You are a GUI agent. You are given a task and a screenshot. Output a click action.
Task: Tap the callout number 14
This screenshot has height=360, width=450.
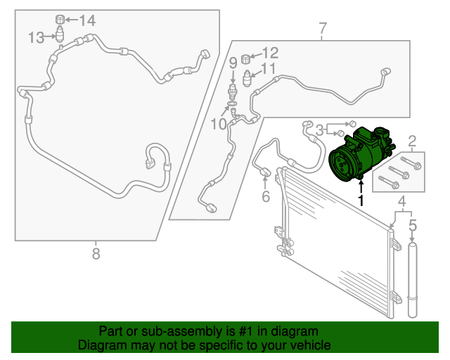86,20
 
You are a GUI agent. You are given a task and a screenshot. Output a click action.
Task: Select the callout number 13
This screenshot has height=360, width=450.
37,37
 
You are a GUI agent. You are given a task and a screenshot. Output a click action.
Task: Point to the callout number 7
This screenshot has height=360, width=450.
323,30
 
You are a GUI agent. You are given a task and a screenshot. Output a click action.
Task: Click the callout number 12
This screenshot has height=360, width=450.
271,52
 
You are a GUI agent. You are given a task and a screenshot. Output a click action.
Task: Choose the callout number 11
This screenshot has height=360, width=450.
269,69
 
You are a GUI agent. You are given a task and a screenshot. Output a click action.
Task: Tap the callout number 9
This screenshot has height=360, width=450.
233,63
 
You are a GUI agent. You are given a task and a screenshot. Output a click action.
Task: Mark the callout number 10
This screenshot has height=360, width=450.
218,124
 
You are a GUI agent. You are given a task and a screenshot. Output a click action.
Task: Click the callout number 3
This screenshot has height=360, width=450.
319,129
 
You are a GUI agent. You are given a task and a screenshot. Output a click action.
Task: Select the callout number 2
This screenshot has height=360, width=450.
413,141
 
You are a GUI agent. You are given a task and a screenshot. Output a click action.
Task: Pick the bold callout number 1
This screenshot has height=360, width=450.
361,201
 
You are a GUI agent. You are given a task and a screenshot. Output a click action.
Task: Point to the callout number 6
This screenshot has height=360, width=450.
266,197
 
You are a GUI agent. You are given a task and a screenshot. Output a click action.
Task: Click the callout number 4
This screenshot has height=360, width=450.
402,205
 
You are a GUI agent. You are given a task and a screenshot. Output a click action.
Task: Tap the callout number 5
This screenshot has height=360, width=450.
413,226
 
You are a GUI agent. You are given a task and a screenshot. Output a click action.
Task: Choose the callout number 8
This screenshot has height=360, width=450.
96,254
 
